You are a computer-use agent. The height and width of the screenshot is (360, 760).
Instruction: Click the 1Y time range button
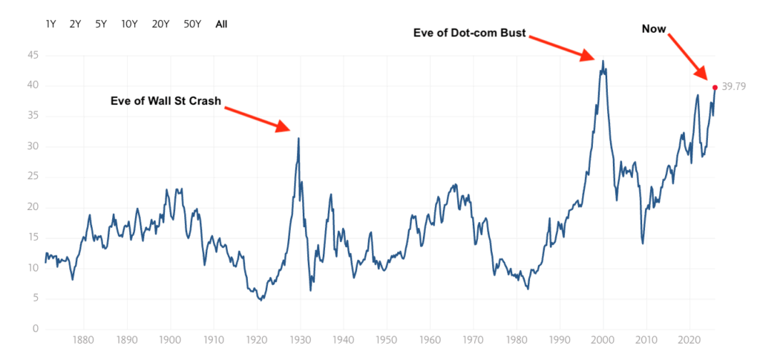tap(51, 24)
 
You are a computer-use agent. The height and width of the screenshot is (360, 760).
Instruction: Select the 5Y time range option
tap(101, 24)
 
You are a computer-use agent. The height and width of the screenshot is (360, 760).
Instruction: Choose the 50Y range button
tap(192, 24)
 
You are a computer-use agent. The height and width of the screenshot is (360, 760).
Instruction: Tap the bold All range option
tap(221, 24)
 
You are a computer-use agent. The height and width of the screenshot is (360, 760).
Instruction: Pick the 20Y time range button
tap(160, 24)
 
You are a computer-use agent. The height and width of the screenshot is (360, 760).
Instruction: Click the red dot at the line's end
tap(715, 87)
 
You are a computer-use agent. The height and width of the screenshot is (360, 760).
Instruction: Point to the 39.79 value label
tap(733, 87)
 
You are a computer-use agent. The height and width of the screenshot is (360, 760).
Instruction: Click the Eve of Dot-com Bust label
tap(469, 33)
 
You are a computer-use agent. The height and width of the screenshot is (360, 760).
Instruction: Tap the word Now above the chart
tap(654, 29)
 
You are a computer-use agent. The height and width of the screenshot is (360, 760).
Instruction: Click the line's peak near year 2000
tap(603, 61)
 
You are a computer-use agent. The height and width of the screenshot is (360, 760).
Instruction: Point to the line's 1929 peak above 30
tap(298, 138)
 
